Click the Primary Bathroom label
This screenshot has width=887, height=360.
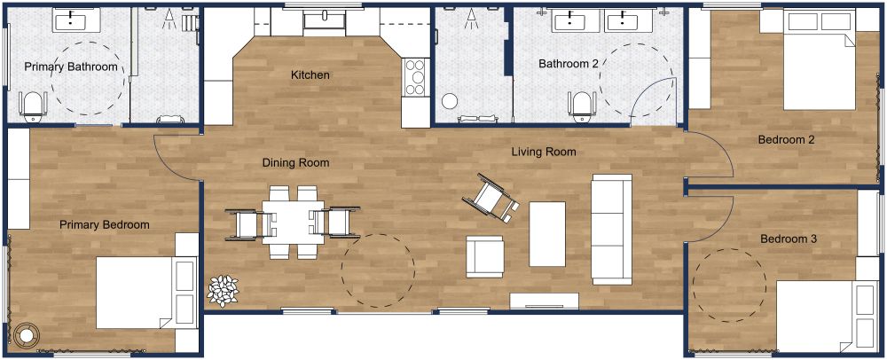click(70, 67)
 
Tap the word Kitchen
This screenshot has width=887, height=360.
click(310, 75)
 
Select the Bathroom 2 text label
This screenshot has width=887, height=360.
click(569, 64)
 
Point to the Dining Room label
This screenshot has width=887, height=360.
click(295, 162)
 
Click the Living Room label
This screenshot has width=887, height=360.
click(543, 152)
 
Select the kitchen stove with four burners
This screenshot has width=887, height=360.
click(415, 77)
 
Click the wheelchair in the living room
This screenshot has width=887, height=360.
click(491, 198)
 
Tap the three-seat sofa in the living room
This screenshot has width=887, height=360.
click(611, 229)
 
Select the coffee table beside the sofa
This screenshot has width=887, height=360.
click(547, 233)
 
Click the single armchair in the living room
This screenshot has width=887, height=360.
click(484, 257)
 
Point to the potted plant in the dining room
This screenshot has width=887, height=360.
click(224, 289)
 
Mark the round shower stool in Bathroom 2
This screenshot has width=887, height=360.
click(450, 103)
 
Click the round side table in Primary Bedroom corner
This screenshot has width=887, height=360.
click(27, 335)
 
